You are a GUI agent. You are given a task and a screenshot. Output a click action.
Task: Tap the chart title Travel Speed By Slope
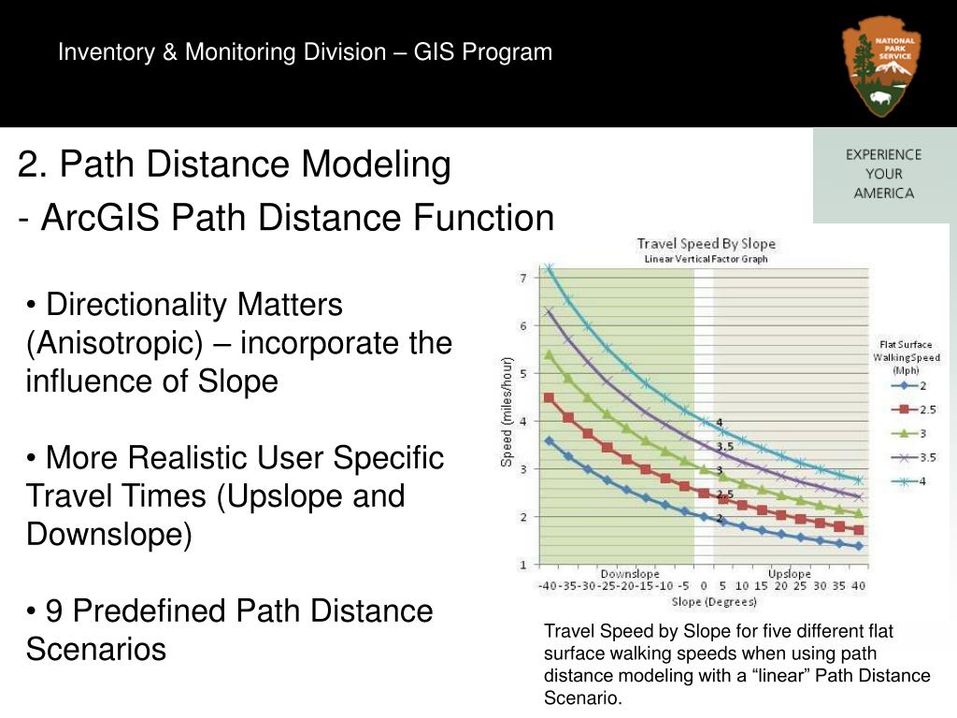point(706,244)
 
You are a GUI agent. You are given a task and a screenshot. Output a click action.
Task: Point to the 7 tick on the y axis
point(522,278)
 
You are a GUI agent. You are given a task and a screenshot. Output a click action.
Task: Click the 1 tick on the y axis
point(522,565)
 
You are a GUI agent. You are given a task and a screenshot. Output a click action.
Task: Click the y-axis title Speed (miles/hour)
point(507,412)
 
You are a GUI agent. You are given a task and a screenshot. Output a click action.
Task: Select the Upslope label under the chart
point(789,573)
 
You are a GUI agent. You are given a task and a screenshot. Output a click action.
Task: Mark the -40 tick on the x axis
point(547,587)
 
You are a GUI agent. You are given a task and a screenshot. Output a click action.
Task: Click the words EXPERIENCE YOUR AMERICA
point(883,174)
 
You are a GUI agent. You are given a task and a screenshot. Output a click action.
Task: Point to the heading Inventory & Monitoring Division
point(221,52)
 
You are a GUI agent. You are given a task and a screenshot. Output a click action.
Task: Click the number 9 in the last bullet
point(54,610)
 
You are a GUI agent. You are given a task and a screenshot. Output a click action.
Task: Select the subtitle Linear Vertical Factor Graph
point(706,259)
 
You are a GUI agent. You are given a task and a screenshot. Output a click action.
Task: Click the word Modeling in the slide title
point(376,165)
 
